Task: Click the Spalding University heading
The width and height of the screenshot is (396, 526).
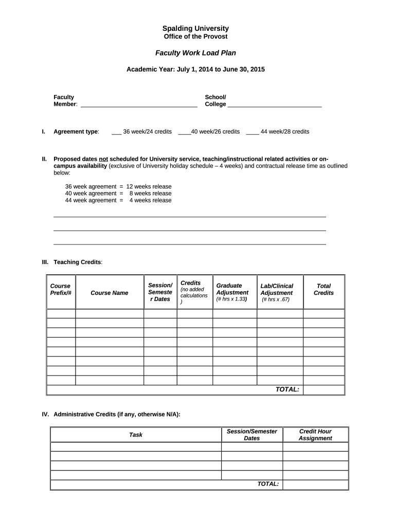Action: pyautogui.click(x=195, y=28)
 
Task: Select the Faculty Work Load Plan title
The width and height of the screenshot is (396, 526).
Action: pyautogui.click(x=195, y=53)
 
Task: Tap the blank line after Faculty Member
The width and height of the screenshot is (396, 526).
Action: pyautogui.click(x=139, y=104)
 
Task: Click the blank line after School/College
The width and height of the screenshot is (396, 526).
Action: pyautogui.click(x=275, y=104)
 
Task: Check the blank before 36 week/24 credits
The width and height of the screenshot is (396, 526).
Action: pyautogui.click(x=116, y=132)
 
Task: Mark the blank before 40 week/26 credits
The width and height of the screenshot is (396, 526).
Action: pyautogui.click(x=184, y=132)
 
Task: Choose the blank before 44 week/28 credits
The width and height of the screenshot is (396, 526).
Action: pyautogui.click(x=253, y=132)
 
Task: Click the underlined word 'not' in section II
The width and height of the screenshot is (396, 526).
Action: pyautogui.click(x=103, y=159)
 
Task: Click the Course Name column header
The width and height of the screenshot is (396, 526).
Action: pyautogui.click(x=110, y=293)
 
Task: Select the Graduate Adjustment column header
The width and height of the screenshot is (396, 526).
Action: pyautogui.click(x=232, y=289)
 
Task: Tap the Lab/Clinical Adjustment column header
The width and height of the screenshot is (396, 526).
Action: pyautogui.click(x=277, y=289)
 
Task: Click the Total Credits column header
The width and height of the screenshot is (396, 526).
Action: pyautogui.click(x=323, y=289)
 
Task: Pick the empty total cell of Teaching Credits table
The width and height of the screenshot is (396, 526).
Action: pyautogui.click(x=323, y=390)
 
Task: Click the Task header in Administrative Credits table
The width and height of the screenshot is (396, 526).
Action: pyautogui.click(x=136, y=435)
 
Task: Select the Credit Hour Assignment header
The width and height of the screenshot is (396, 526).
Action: pyautogui.click(x=315, y=435)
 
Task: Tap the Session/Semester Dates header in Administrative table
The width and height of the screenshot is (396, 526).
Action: pyautogui.click(x=252, y=435)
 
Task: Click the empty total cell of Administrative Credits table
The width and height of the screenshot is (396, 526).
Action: pyautogui.click(x=315, y=484)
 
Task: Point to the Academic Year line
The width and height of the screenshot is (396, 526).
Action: pyautogui.click(x=195, y=69)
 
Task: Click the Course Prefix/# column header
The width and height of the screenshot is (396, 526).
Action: pyautogui.click(x=61, y=289)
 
